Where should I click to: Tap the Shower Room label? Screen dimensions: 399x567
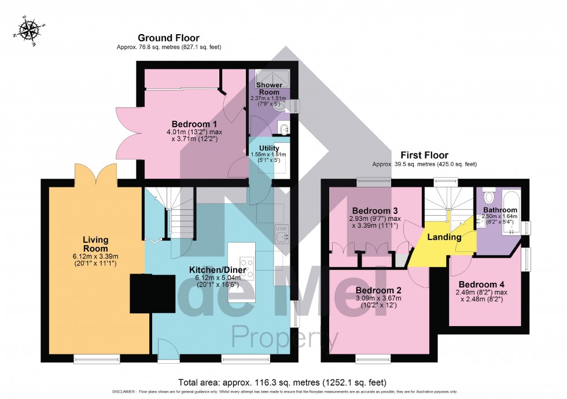269,88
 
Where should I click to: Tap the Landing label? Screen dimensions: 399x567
444,237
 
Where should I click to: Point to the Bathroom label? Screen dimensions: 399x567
500,210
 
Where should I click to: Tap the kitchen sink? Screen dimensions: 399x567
281,236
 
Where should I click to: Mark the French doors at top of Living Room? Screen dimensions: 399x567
96,172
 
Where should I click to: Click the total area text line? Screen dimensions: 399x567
283,382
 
